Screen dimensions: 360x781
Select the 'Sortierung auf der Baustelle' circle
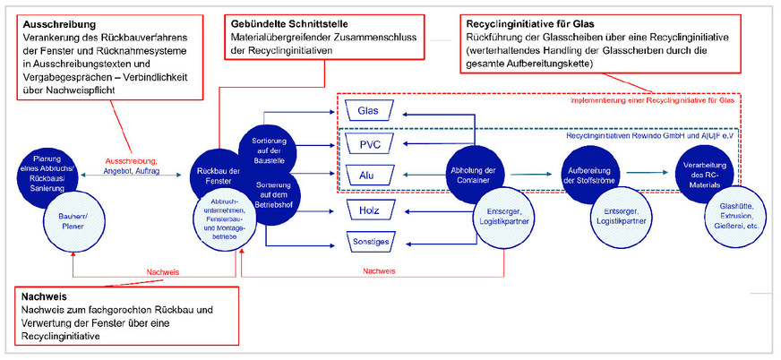click(266, 148)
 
